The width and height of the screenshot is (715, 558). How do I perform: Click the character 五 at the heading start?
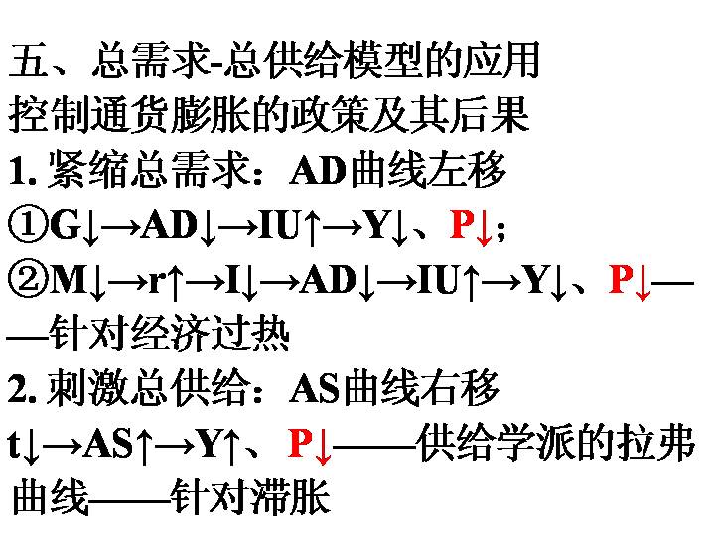(28, 60)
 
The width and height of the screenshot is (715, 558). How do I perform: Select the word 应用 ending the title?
(501, 60)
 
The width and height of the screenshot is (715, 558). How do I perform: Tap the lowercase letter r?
(157, 283)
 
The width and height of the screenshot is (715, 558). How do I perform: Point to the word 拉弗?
(655, 442)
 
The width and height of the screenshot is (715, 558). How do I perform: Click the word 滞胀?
(291, 496)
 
